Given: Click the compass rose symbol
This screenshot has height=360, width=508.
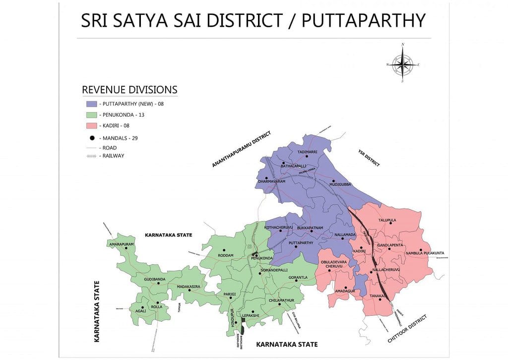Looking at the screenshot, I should click(x=402, y=64).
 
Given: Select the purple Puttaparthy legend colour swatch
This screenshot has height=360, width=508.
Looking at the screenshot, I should click(x=91, y=104).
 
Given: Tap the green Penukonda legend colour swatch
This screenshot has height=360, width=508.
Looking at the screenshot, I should click(x=91, y=115).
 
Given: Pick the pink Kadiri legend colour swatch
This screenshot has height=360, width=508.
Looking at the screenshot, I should click(x=91, y=126).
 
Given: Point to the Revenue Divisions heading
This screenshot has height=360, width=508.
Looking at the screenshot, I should click(x=129, y=90).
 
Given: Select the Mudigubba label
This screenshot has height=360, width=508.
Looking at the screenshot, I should click(x=340, y=184).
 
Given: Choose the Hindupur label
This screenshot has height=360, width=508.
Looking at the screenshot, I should click(x=232, y=317).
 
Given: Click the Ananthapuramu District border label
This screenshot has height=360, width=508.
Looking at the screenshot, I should click(x=242, y=149).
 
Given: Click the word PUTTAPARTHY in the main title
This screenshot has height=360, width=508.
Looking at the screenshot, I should click(x=363, y=20).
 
